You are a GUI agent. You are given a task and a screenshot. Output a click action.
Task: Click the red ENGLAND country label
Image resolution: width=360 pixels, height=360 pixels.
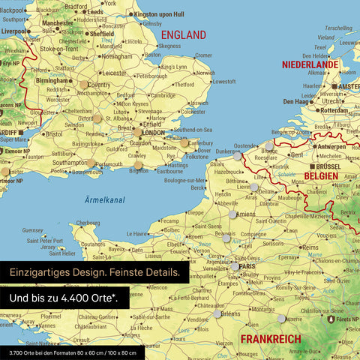point(183,35)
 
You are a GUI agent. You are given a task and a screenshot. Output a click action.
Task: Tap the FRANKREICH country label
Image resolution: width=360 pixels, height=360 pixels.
point(270,338)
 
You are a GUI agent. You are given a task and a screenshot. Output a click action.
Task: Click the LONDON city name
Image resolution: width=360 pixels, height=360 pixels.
point(153,133)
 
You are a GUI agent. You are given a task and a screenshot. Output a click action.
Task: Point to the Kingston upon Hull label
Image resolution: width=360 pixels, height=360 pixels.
point(161,13)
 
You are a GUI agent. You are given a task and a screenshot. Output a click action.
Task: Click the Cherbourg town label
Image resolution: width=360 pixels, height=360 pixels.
point(88,223)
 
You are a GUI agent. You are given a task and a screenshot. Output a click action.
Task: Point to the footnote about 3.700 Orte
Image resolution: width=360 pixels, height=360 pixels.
point(72,352)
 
